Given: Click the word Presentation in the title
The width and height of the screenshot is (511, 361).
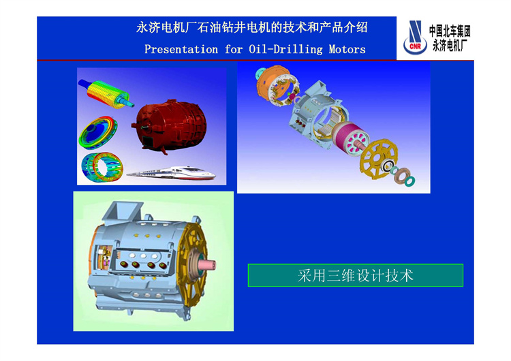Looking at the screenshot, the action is click(181, 50).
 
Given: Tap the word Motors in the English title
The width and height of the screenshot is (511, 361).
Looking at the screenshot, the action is click(347, 50).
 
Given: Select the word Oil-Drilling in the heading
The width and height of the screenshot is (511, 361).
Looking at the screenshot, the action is click(285, 50).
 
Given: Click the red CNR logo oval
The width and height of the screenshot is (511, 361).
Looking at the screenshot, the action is click(415, 46).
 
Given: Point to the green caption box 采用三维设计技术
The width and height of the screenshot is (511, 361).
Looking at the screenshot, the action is click(356, 275).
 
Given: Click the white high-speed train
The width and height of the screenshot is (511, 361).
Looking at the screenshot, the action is click(172, 173).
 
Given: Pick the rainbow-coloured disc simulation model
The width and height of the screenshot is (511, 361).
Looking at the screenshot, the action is click(98, 133).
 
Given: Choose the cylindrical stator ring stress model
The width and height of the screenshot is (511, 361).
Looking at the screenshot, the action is click(102, 167).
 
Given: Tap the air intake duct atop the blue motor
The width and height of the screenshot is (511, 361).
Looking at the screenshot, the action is click(122, 210).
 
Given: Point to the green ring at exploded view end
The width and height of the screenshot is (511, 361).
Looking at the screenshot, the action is click(409, 181).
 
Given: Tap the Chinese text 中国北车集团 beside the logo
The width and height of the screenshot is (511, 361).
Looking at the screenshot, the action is click(450, 31).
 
